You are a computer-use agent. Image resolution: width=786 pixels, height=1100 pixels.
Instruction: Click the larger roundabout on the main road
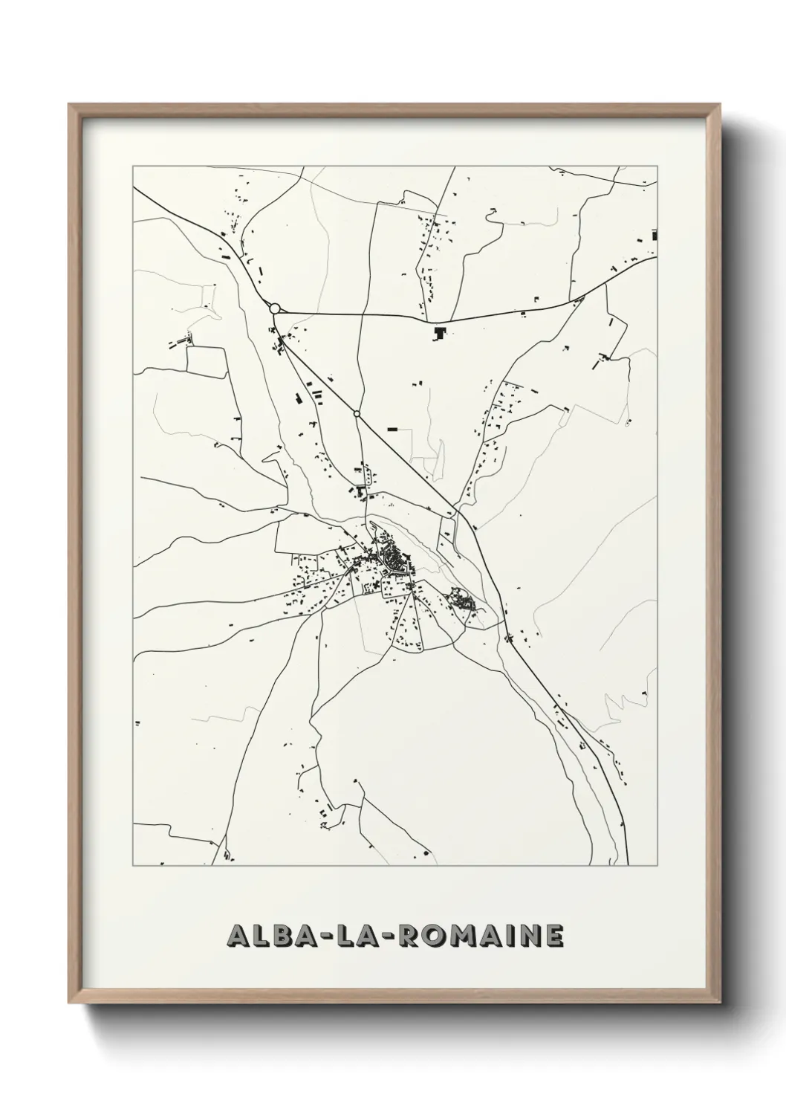275,308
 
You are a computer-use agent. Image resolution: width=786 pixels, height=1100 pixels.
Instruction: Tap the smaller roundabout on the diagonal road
357,413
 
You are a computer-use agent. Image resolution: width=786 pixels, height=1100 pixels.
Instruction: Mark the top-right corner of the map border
657,165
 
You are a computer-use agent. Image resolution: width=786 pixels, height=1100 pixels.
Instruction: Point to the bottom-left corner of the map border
133,866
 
